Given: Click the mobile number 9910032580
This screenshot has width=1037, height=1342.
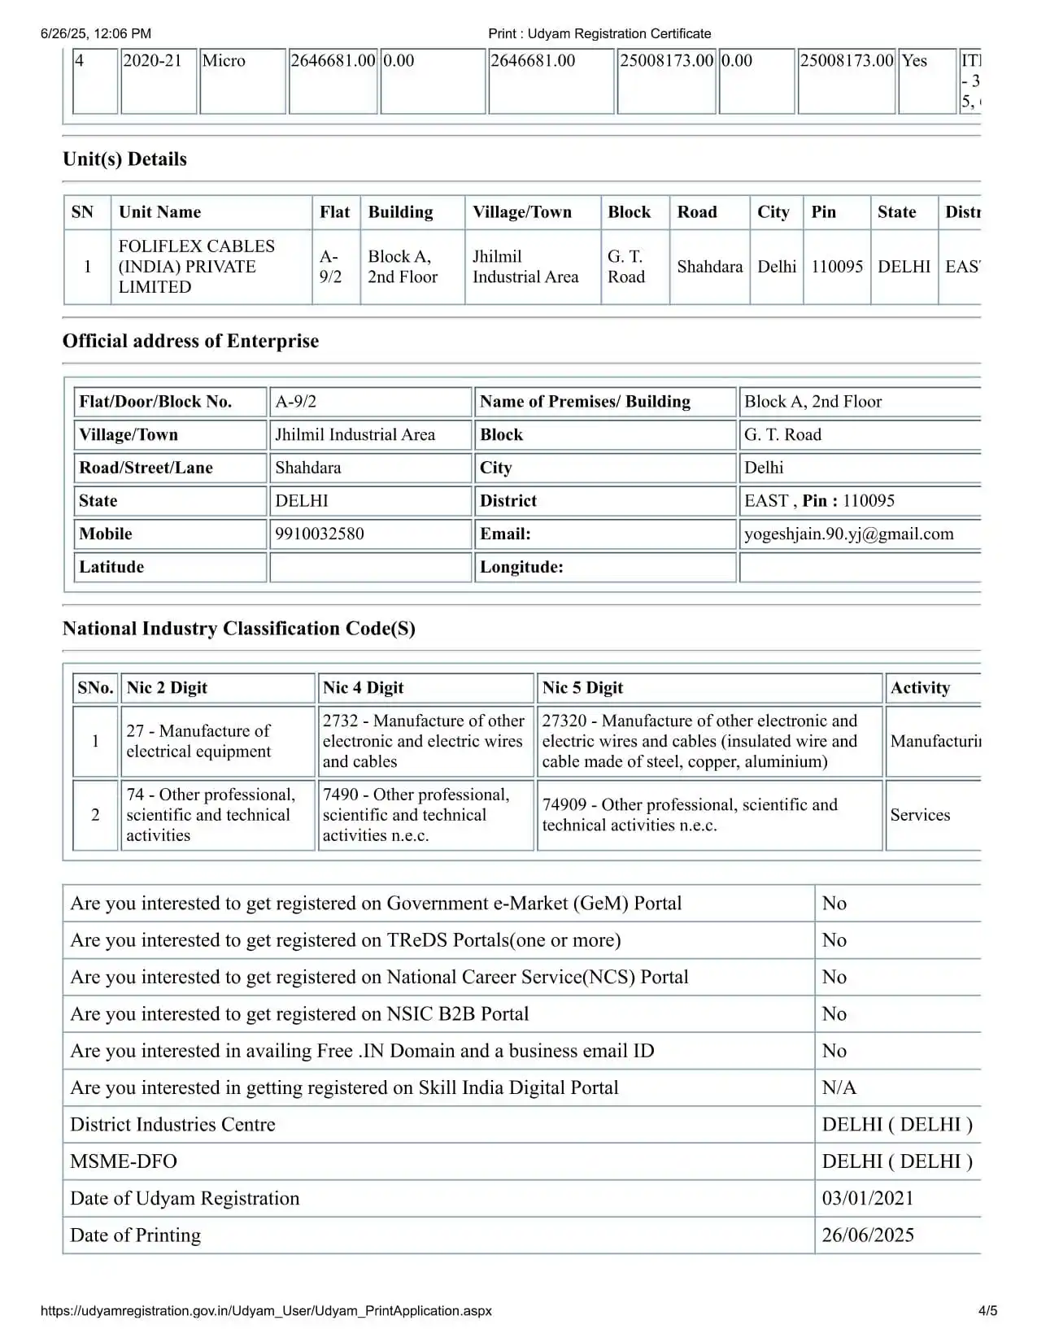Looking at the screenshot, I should coord(320,534).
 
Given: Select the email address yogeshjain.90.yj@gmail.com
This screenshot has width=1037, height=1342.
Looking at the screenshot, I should coord(848,534).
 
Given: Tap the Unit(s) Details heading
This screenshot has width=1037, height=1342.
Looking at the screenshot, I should coord(124,159).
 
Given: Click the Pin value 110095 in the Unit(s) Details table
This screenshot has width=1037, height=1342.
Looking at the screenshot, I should coord(836,267).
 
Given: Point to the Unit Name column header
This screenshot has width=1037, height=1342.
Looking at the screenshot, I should coord(159,212).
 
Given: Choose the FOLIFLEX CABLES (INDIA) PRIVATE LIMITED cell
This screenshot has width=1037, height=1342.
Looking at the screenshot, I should coord(197,267).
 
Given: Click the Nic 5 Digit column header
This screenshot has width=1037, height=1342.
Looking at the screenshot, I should coord(582,688).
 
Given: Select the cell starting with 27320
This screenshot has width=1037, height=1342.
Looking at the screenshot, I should coord(699,741).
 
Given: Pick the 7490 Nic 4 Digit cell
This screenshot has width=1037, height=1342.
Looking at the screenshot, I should coord(416,815).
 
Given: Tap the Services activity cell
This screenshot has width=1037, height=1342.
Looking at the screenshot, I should coord(920,815).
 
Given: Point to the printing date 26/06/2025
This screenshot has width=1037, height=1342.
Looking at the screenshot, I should coord(867,1235).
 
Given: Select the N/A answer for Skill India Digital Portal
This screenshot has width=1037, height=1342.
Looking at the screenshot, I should coord(839,1088).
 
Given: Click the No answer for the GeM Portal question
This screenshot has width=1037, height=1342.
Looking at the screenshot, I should coord(834,904).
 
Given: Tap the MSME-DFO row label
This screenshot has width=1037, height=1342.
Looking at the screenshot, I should coord(124,1161).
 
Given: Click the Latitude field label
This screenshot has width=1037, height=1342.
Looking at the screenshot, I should coord(111,567).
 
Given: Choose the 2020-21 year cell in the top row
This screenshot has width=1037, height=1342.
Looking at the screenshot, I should coord(152,61).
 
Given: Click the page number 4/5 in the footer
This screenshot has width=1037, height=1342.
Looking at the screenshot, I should coord(987,1310).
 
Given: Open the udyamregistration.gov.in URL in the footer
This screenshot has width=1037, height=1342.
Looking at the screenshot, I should coord(266,1310).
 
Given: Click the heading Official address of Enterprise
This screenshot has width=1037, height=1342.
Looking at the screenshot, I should coord(190,342).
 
